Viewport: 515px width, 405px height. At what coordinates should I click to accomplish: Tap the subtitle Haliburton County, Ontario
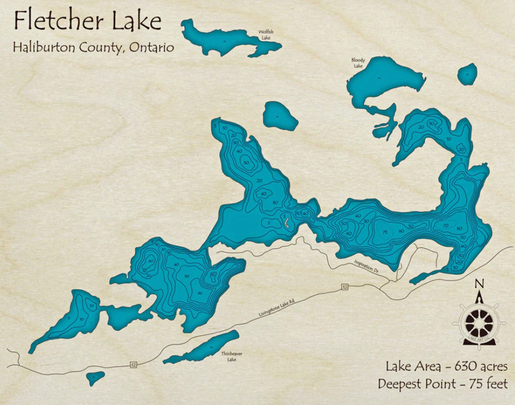coord(93,47)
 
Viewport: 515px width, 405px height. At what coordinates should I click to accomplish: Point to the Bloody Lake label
coord(358,63)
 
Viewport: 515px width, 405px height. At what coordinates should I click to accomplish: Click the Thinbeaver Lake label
coord(232,357)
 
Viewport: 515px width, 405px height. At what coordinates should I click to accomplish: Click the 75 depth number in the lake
coord(385,232)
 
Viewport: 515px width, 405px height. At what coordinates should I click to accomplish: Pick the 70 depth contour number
coord(446,225)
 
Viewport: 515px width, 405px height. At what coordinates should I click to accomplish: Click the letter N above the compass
coord(480,284)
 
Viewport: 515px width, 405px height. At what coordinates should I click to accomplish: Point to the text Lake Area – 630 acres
coord(446,366)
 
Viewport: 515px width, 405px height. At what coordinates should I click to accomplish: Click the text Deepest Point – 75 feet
coord(443,384)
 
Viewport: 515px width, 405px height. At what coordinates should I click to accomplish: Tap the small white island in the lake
coord(287,224)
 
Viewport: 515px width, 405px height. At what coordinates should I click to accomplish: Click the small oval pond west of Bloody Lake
coord(280,116)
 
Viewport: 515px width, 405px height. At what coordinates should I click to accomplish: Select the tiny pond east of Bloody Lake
coord(467,74)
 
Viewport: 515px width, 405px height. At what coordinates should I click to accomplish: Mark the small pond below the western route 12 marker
coord(95,378)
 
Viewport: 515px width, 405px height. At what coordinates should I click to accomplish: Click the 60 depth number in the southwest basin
coord(200,293)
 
